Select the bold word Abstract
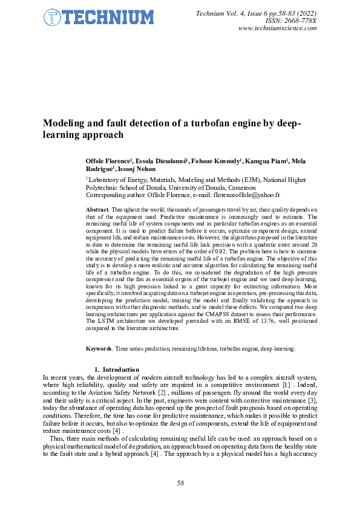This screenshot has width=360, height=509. tap(98, 209)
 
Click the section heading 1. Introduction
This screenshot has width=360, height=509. tap(117, 369)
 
